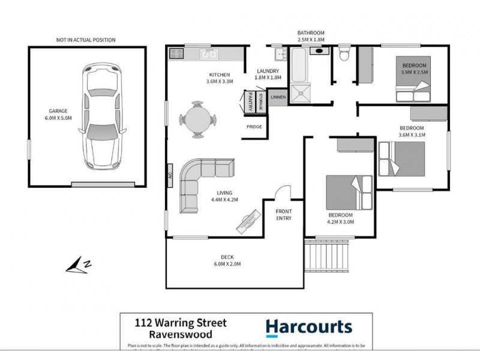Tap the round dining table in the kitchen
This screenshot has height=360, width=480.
[x=197, y=119]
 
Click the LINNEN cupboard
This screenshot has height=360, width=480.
[x=278, y=97]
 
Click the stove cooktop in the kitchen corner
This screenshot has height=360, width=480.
[x=176, y=53]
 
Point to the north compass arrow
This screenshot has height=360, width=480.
[x=79, y=264]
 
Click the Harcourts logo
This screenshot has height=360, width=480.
[x=308, y=327]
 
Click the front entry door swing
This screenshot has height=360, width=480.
[x=282, y=193]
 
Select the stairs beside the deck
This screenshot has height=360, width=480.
[x=326, y=254]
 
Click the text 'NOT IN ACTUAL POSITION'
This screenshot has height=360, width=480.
[x=86, y=40]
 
